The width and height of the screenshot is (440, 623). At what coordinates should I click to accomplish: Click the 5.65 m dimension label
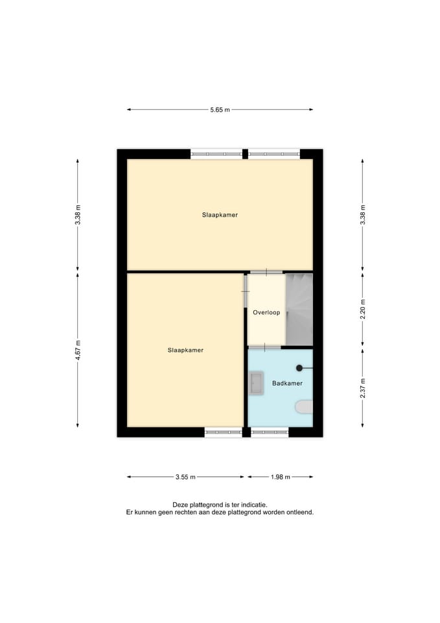coord(220,110)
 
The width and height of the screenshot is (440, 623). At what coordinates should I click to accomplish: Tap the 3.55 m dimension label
coord(185,477)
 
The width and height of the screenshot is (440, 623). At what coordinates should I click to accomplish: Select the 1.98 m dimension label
coord(281,477)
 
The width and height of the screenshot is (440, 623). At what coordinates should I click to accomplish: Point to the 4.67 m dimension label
coord(78,350)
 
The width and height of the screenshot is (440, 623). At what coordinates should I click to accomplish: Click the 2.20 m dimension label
coord(363,310)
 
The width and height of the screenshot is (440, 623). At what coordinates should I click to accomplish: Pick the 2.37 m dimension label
coord(363,388)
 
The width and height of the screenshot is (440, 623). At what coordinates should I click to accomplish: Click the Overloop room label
coord(266,312)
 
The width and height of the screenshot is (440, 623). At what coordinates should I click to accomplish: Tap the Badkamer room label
coord(287,384)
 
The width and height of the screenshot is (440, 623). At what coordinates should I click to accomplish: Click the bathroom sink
coord(257,383)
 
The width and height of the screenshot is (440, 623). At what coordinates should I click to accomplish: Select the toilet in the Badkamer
coord(304,408)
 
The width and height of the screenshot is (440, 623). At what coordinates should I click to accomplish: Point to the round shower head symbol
coord(299,369)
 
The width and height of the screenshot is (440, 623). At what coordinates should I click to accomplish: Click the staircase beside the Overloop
coord(299,310)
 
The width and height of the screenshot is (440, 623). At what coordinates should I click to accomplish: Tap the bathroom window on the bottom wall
coord(270,432)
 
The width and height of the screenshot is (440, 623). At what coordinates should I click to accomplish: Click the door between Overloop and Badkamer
coord(264,347)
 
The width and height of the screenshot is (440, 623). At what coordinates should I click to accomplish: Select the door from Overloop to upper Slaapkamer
coord(266,272)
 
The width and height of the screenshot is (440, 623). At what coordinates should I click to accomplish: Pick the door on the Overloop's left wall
coord(246,291)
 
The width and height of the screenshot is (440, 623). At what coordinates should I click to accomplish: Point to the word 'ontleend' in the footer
coord(300,513)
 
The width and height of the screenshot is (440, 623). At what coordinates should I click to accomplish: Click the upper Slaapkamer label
coord(220,215)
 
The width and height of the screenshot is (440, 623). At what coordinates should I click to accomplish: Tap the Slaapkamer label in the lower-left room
coord(185,350)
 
